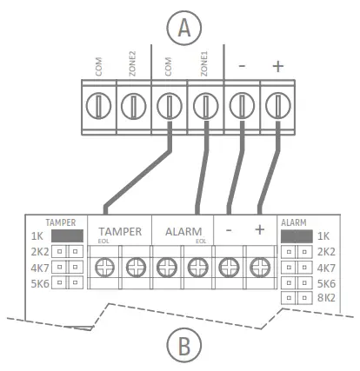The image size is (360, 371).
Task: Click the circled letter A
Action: point(183,28)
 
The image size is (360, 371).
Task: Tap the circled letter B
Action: point(183,346)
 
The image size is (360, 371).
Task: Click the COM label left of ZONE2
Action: point(97,66)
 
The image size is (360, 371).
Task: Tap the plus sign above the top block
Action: point(278,66)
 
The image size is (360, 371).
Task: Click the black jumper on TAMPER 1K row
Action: point(66,235)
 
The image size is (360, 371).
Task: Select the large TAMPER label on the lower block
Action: point(120,232)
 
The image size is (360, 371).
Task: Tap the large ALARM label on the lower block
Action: point(183,232)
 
